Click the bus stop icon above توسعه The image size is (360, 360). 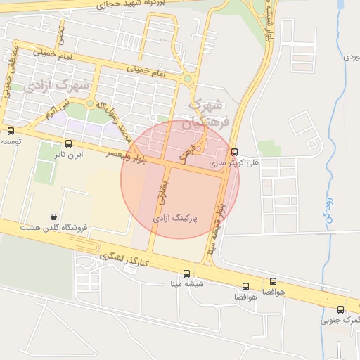point(11,131)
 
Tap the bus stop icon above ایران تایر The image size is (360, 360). point(68,143)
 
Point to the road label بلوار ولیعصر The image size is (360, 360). point(127,155)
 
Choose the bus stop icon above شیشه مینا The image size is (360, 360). point(186,274)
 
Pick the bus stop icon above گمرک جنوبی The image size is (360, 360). point(341,309)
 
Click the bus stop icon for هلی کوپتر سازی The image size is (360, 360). point(234,151)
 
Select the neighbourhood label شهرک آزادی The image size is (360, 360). point(56,86)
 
